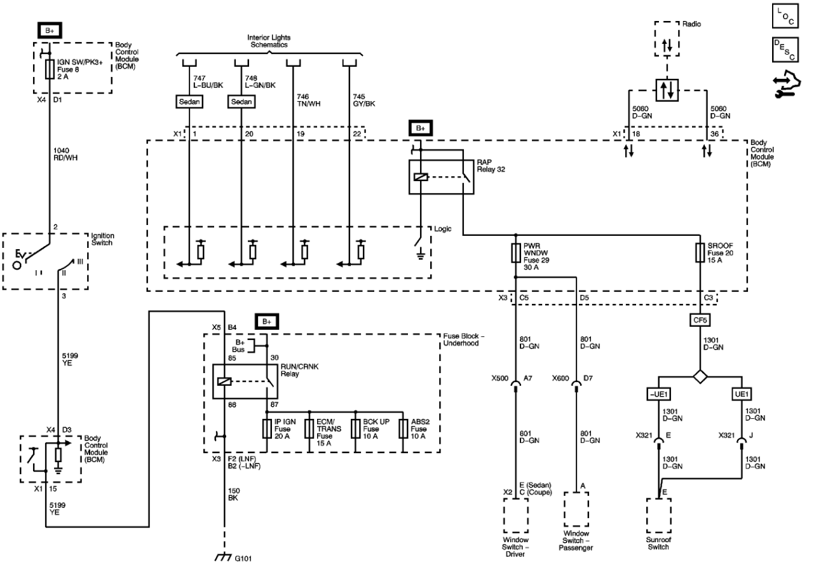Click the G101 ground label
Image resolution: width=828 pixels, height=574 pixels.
tap(243, 559)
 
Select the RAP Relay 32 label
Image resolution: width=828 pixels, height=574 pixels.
tap(491, 166)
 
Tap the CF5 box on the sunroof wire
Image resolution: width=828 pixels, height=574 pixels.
tap(700, 320)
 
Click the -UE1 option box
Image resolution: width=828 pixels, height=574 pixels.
tap(659, 394)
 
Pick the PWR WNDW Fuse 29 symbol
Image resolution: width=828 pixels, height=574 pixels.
tap(515, 253)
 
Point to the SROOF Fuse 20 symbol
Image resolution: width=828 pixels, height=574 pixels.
tap(700, 253)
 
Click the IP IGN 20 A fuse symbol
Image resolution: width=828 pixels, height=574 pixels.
tap(267, 428)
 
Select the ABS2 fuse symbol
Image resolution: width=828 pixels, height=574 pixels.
tap(404, 428)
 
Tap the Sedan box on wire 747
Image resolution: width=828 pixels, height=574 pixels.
tap(189, 102)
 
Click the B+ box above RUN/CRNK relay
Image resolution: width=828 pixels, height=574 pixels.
tap(267, 322)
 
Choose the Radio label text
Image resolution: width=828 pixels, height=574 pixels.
tap(691, 24)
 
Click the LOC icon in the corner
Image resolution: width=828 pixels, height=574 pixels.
tap(785, 16)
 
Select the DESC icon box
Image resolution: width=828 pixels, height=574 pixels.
tap(785, 50)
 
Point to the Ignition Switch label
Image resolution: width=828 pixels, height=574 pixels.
tap(103, 239)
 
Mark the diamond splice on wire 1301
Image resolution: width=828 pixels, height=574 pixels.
tap(700, 377)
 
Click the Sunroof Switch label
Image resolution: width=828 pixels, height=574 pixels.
tap(658, 543)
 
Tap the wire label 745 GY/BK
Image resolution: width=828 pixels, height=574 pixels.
tap(363, 100)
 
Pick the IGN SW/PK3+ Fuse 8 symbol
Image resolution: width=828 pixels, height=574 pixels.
tap(50, 69)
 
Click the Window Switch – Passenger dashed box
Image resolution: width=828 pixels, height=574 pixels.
tap(576, 509)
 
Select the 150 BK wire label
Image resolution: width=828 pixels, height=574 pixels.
tap(234, 495)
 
